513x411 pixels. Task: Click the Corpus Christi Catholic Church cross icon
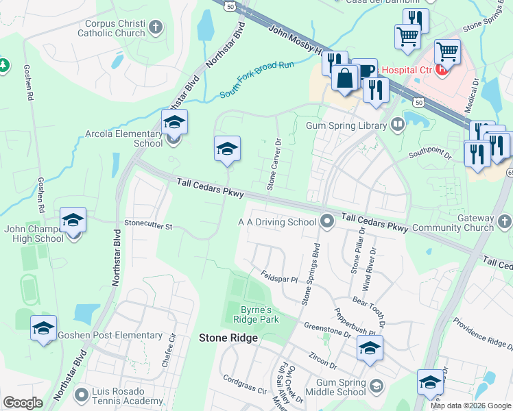(x=156, y=27)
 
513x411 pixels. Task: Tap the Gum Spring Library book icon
(x=397, y=125)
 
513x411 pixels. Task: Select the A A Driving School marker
(x=327, y=221)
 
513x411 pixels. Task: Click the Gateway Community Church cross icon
(x=505, y=221)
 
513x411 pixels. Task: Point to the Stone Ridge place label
(x=228, y=338)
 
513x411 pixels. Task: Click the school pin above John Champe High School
(x=73, y=221)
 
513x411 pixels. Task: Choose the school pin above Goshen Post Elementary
(x=43, y=328)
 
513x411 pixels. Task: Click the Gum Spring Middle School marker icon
(x=376, y=387)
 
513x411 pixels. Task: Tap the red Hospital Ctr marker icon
(x=442, y=68)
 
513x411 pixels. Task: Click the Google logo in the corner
(x=23, y=403)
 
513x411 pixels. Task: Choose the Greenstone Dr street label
(x=327, y=330)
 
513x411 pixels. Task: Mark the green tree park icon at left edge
(x=3, y=66)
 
